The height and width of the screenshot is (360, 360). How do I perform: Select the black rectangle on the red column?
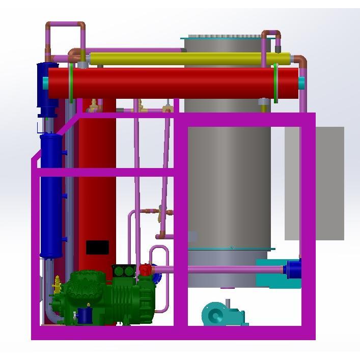point(97,247)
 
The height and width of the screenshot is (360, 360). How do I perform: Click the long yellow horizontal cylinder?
point(188,59)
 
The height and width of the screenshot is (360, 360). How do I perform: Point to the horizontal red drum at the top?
point(173,82)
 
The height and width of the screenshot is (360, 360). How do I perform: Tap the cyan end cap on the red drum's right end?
point(301,83)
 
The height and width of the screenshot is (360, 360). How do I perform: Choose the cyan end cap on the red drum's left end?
point(46,83)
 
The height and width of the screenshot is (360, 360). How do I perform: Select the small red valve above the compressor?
point(146,269)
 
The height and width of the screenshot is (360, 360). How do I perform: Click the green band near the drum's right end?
point(275,83)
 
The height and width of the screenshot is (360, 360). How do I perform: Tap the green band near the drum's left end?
point(71,83)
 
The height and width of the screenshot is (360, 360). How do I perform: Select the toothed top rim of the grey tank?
point(224,37)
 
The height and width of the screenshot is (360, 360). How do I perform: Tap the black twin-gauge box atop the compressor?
point(124,271)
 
